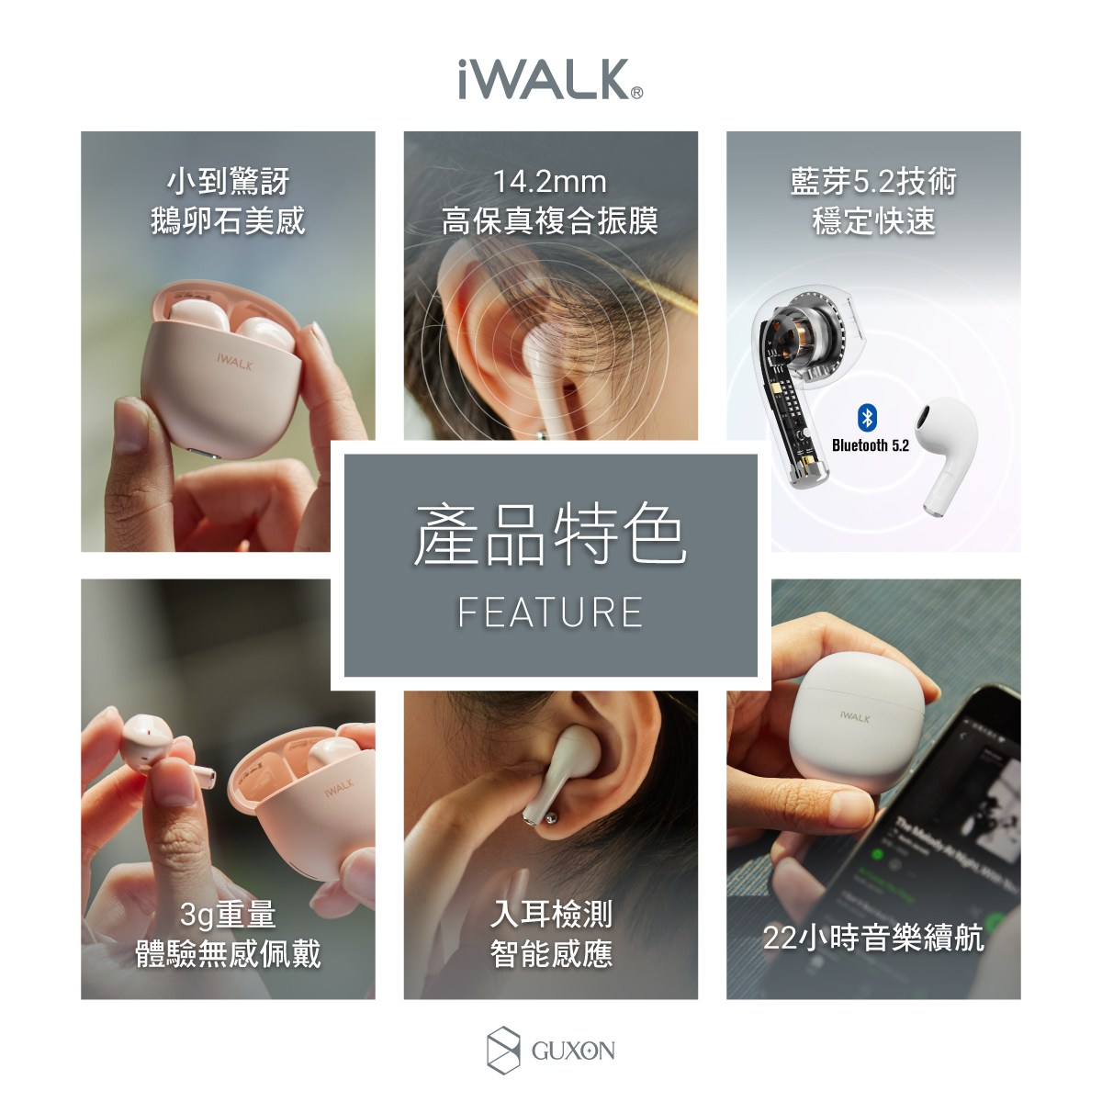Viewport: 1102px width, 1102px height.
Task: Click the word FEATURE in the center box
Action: click(550, 612)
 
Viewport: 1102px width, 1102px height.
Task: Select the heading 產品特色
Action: click(550, 534)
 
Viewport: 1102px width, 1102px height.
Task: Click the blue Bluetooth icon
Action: click(868, 418)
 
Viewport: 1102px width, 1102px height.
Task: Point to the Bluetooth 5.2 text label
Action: click(871, 445)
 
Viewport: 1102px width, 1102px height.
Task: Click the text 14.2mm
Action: click(550, 182)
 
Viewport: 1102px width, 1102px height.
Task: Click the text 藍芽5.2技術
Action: click(873, 182)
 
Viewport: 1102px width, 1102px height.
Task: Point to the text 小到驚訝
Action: click(228, 182)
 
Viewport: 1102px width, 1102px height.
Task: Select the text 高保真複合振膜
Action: click(550, 220)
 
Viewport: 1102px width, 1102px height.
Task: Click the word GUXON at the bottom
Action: click(573, 1051)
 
